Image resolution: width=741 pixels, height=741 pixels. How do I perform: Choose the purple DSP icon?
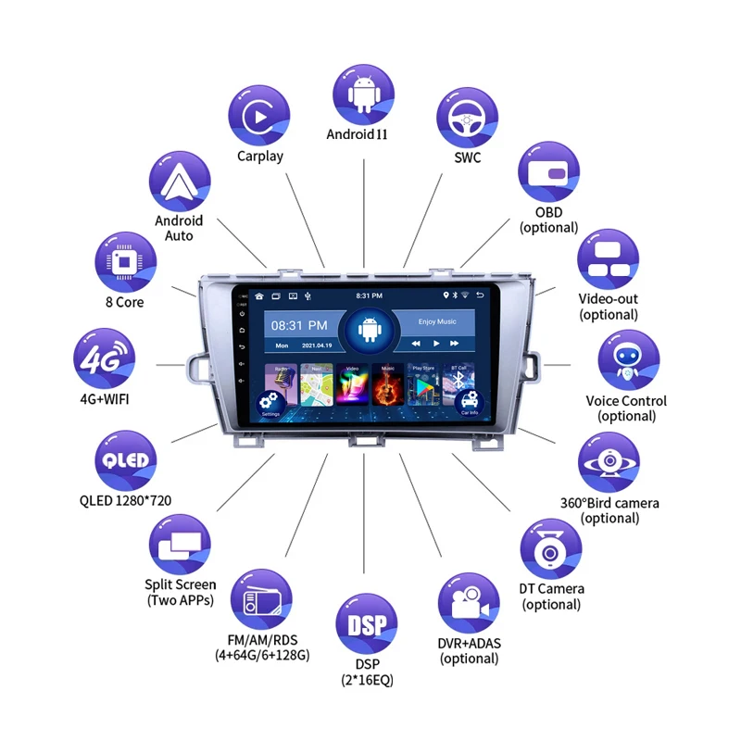point(366,624)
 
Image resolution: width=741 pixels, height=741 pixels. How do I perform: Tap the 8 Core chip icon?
point(124,261)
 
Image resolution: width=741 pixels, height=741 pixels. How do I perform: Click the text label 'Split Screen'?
point(181,584)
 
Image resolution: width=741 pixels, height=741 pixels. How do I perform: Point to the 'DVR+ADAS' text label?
point(470,644)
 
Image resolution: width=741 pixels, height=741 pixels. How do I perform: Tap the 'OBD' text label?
point(548,211)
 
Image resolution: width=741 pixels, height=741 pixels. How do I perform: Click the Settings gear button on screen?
point(270,404)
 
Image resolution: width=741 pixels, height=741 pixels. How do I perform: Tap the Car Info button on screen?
point(469,404)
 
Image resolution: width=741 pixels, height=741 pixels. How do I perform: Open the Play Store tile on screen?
point(423,384)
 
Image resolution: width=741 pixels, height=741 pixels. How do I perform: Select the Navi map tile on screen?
point(316,384)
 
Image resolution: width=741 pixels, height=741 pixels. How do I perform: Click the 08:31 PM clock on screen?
point(298,325)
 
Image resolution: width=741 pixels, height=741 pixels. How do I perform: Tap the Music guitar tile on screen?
point(388,384)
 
